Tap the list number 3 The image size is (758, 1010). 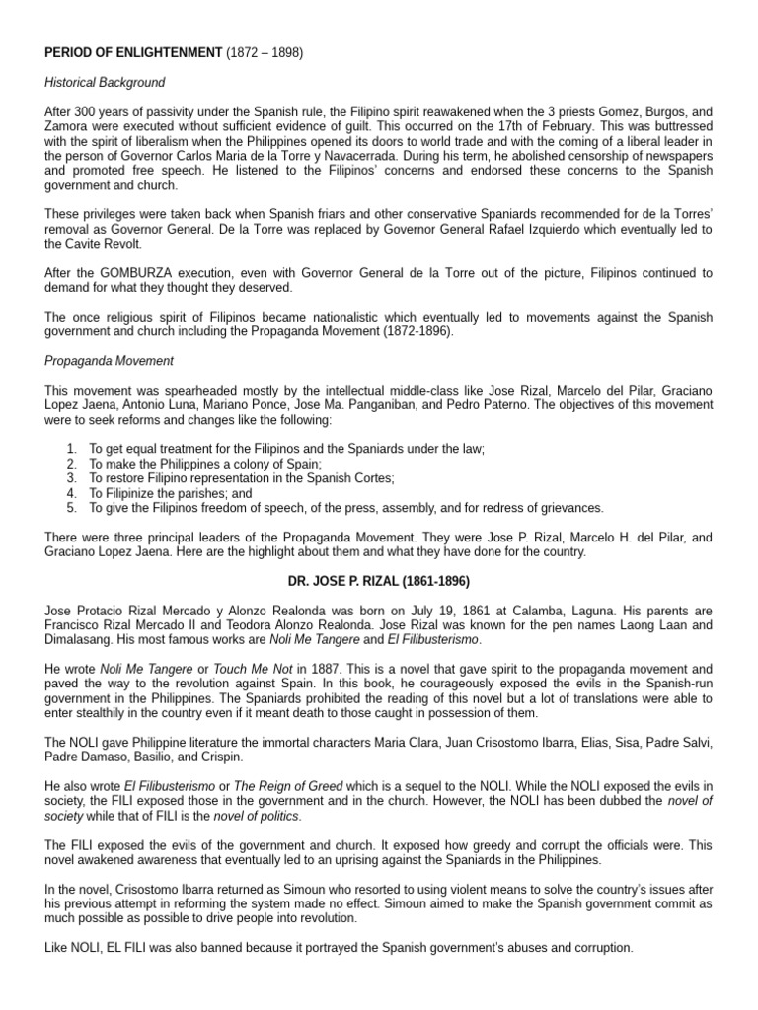(71, 478)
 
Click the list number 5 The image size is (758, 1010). (71, 508)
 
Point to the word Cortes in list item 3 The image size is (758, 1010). (341, 478)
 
